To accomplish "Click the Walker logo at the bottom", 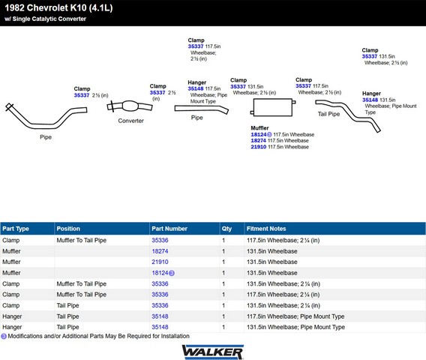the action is (213, 352).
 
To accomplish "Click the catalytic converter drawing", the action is (130, 106).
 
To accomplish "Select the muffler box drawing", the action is (273, 107).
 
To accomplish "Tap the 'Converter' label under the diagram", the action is (130, 121).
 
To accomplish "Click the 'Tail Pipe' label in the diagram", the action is (328, 114).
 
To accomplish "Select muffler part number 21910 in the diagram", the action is (258, 147).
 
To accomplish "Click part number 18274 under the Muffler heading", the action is (258, 141).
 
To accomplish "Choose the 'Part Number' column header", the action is (169, 229).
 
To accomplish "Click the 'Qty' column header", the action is (226, 229).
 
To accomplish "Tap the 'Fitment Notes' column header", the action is (266, 229).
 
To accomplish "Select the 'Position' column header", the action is (68, 229).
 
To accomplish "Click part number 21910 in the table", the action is (160, 262).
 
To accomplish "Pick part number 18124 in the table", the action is (160, 273).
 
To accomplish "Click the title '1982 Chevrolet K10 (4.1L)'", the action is (58, 8).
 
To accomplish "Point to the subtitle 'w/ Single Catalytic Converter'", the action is (45, 19).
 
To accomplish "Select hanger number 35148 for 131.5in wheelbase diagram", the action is (370, 100).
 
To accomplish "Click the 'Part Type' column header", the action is (16, 229).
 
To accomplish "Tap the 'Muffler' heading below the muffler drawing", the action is (259, 128).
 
